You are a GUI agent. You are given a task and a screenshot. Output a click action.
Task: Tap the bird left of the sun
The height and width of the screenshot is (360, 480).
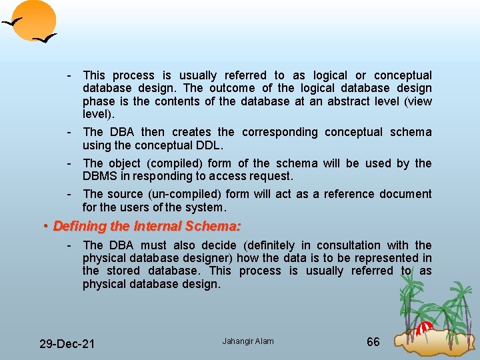[11, 23]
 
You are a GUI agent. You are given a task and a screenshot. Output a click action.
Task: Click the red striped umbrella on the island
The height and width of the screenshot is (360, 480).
[425, 328]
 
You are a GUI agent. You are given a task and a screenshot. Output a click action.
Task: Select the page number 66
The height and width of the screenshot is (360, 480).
[373, 341]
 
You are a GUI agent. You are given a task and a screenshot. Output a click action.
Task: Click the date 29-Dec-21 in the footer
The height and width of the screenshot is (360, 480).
[67, 343]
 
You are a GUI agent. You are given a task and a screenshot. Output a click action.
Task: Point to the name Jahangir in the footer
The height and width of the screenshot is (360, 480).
[236, 341]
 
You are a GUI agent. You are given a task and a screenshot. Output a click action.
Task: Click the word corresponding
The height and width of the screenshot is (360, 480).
[280, 132]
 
